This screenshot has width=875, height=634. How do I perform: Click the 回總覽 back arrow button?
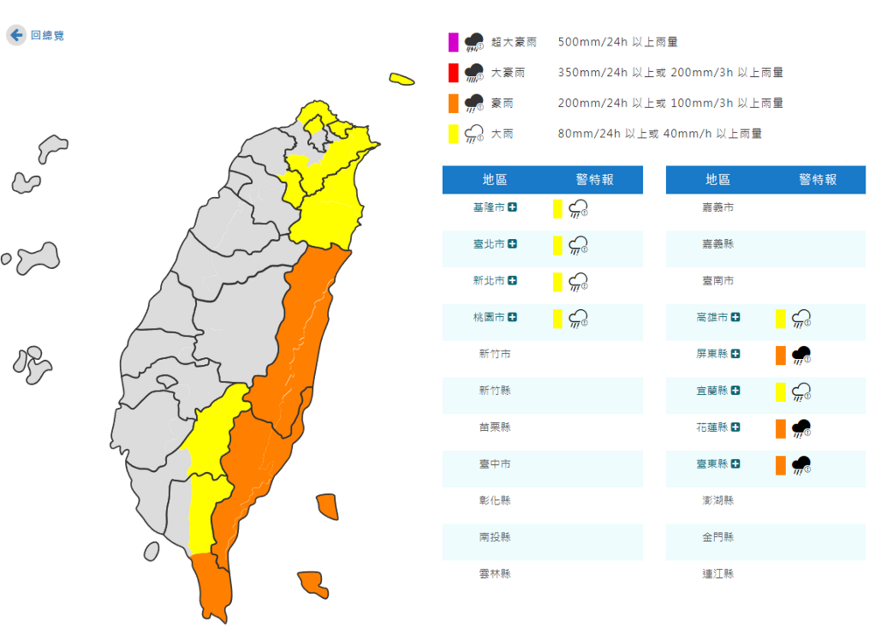pyautogui.click(x=16, y=36)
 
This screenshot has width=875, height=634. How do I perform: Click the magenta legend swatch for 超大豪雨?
pyautogui.click(x=453, y=41)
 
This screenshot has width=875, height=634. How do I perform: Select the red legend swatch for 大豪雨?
pyautogui.click(x=453, y=73)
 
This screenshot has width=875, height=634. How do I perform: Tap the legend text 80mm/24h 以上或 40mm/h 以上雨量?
pyautogui.click(x=660, y=134)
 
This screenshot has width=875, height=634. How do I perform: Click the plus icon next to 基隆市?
pyautogui.click(x=512, y=208)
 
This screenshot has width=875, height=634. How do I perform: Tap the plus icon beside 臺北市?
pyautogui.click(x=512, y=244)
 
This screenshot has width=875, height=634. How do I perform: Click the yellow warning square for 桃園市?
pyautogui.click(x=556, y=319)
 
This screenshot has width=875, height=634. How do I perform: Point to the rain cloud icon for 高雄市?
pyautogui.click(x=801, y=319)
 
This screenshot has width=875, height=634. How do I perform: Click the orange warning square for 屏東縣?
pyautogui.click(x=780, y=356)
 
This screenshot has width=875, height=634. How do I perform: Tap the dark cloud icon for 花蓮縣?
pyautogui.click(x=801, y=428)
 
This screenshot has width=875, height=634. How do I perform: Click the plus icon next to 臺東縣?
pyautogui.click(x=736, y=464)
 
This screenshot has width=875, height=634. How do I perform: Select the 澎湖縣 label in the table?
pyautogui.click(x=717, y=501)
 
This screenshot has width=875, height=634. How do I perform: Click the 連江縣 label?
pyautogui.click(x=717, y=574)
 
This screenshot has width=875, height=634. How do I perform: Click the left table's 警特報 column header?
pyautogui.click(x=594, y=180)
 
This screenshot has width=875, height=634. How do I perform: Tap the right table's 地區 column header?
pyautogui.click(x=717, y=180)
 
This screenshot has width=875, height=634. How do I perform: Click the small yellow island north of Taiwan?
pyautogui.click(x=402, y=80)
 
